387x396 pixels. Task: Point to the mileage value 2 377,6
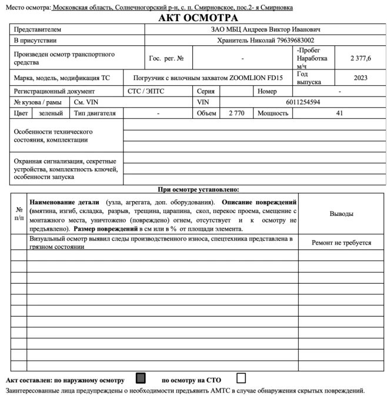point(360,59)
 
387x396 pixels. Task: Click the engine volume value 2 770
point(232,112)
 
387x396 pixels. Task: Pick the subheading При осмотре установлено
point(198,189)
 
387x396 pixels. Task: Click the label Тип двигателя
point(95,112)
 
